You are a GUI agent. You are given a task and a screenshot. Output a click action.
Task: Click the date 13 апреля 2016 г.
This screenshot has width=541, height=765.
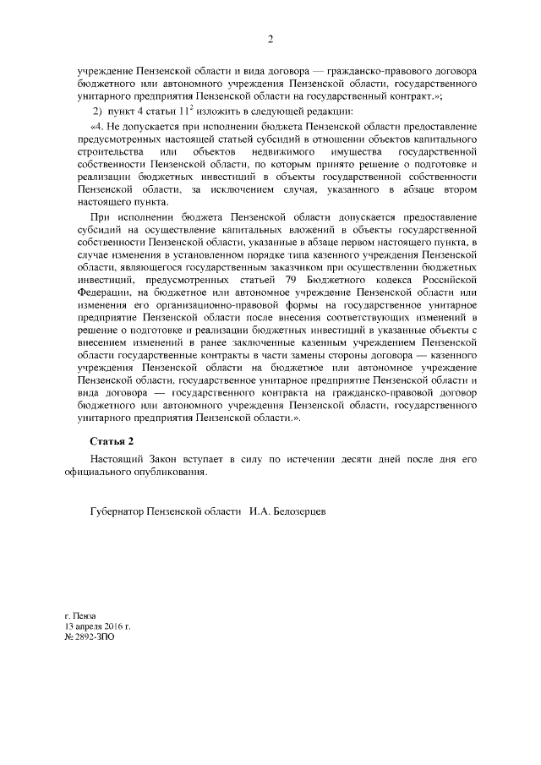[x=98, y=628]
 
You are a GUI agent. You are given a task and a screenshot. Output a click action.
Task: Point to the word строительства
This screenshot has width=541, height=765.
[x=111, y=151]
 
